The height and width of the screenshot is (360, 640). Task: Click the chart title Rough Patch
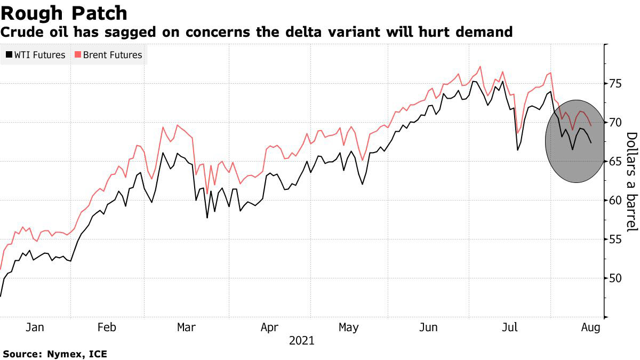(64, 13)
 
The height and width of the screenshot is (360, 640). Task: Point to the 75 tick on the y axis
(616, 84)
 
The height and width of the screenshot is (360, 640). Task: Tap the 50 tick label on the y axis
(616, 278)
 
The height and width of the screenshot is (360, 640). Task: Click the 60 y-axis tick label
(616, 201)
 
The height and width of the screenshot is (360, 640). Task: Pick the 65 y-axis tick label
(616, 162)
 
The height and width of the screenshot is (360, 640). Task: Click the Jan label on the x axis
(35, 327)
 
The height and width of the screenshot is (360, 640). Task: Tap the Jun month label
(429, 327)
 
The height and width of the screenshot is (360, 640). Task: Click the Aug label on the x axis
(589, 327)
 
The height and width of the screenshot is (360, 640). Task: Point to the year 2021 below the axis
(302, 340)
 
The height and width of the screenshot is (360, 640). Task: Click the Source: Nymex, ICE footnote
(55, 354)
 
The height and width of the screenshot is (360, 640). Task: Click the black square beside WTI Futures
(9, 55)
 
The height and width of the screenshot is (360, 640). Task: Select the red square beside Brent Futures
(77, 55)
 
